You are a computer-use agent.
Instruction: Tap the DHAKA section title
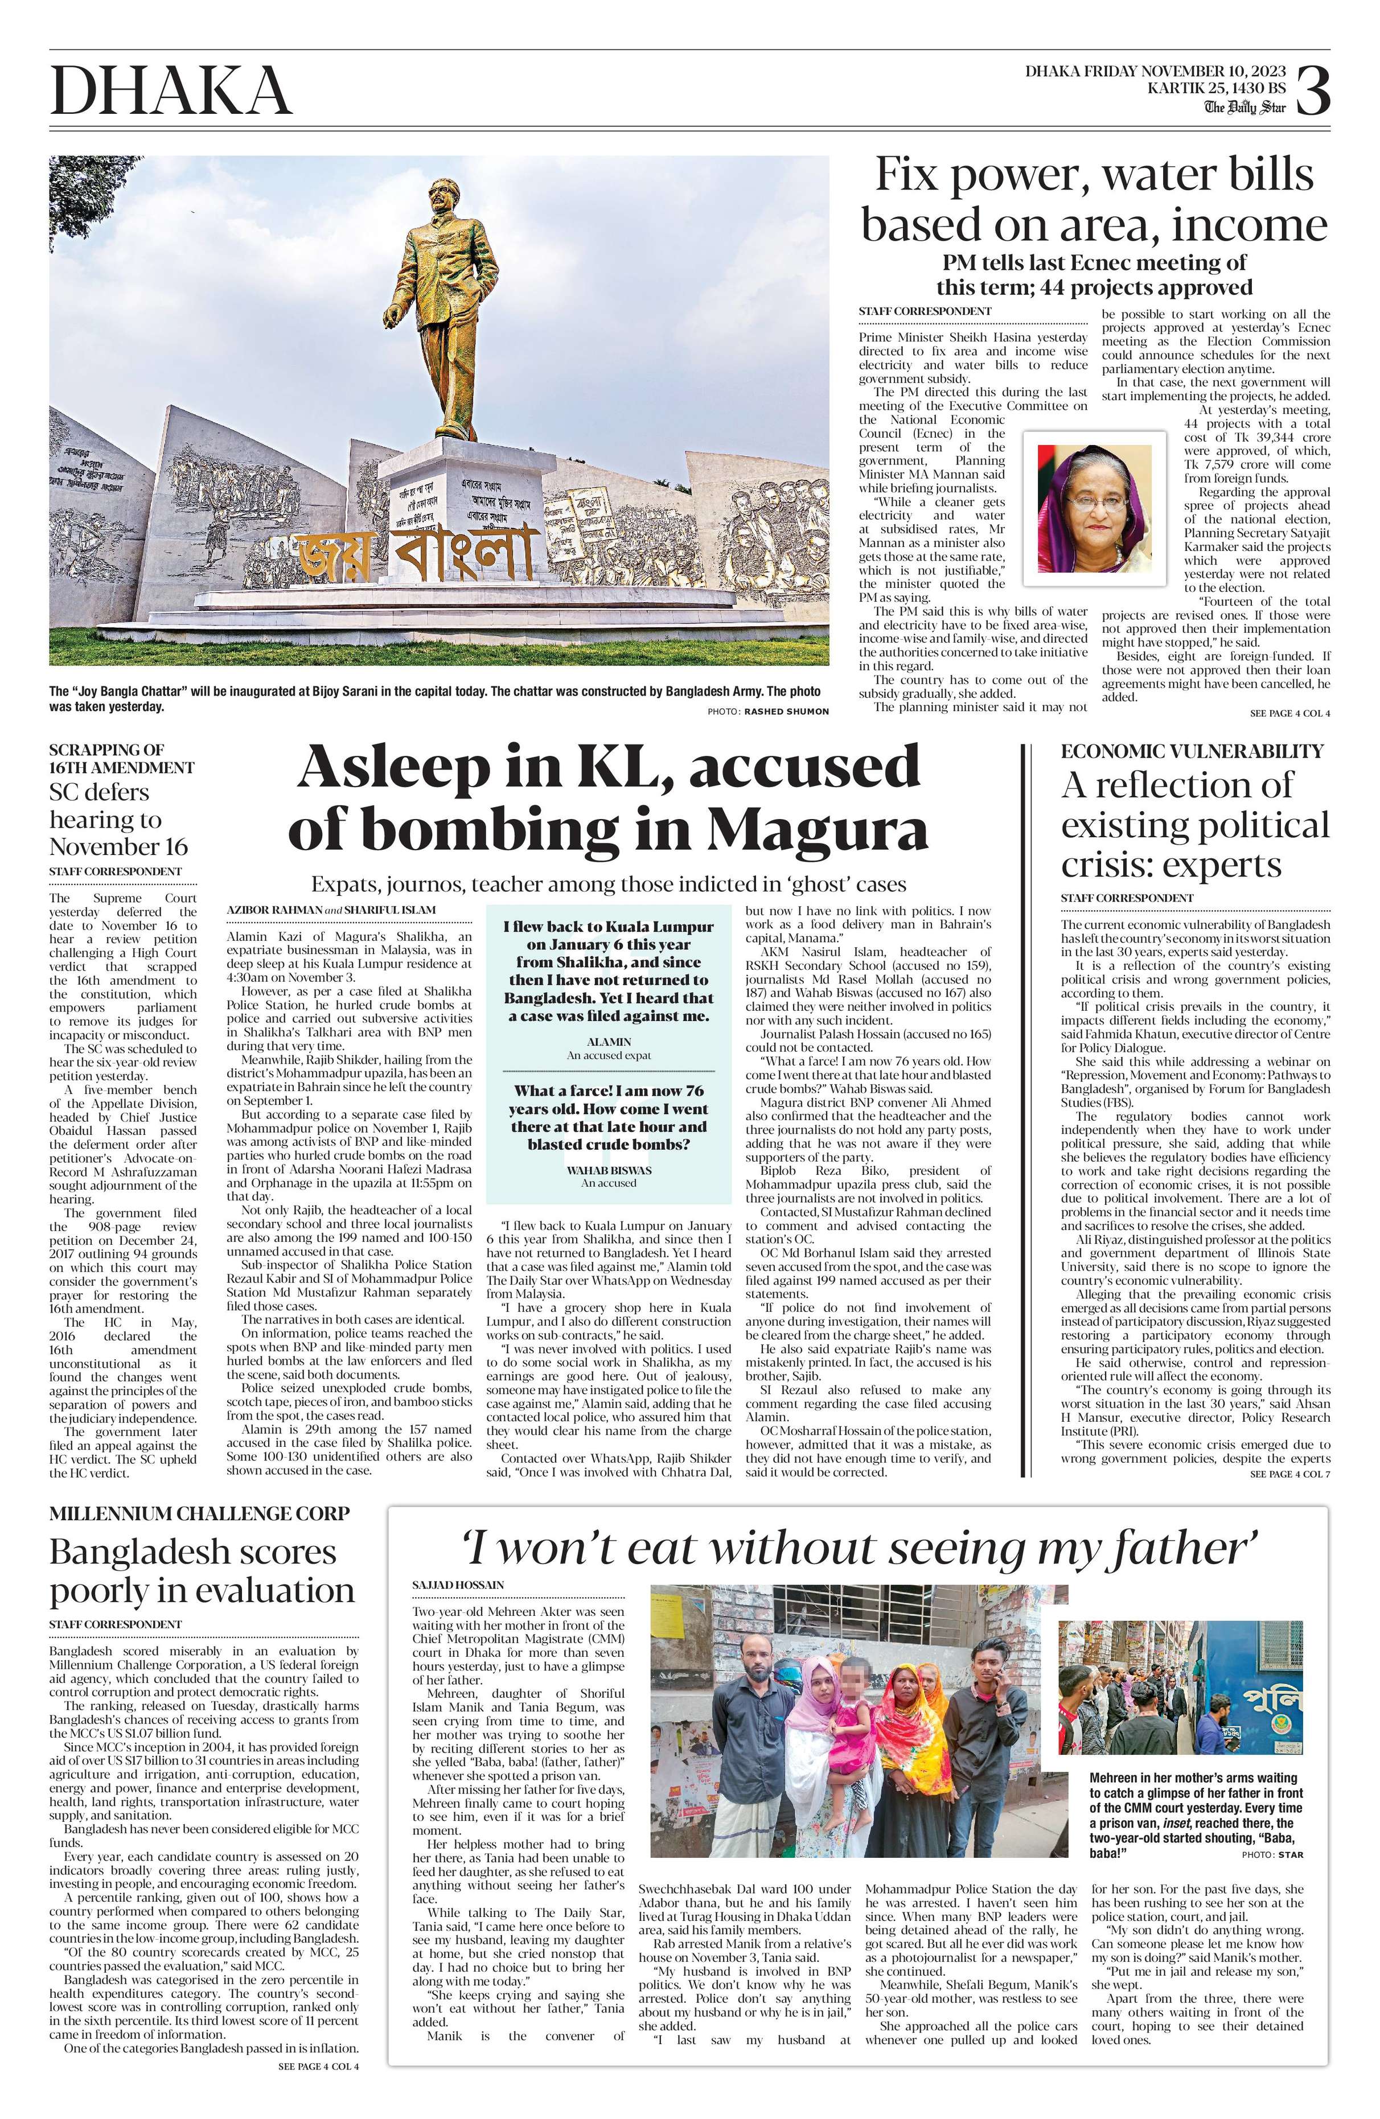click(x=171, y=92)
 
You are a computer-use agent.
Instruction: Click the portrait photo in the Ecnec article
click(x=1094, y=508)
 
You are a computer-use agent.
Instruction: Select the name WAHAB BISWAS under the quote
click(x=609, y=1169)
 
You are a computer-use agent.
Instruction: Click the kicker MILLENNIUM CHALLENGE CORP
click(x=199, y=1513)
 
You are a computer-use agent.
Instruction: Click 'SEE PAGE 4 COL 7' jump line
click(x=1289, y=1474)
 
